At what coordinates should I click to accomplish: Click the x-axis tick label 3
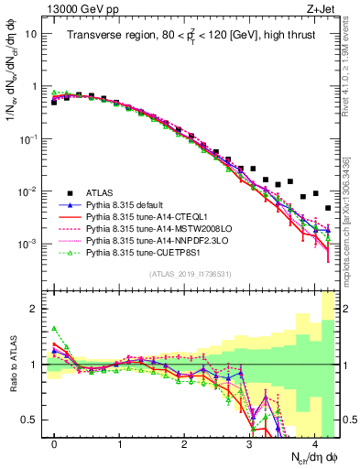(x=250, y=442)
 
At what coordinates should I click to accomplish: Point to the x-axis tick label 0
(x=54, y=442)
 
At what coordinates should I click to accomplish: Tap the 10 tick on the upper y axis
(x=31, y=34)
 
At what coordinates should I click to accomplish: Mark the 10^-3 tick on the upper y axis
(x=28, y=245)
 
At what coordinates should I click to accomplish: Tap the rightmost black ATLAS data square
(x=328, y=208)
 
